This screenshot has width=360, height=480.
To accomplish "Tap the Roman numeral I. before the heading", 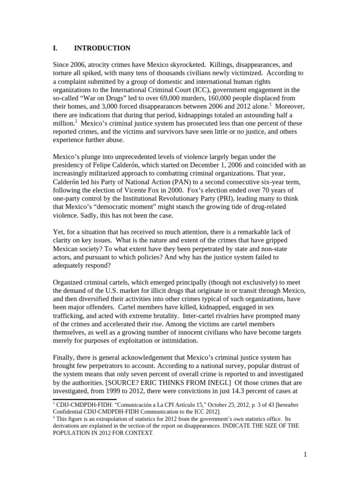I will coord(54,48).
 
